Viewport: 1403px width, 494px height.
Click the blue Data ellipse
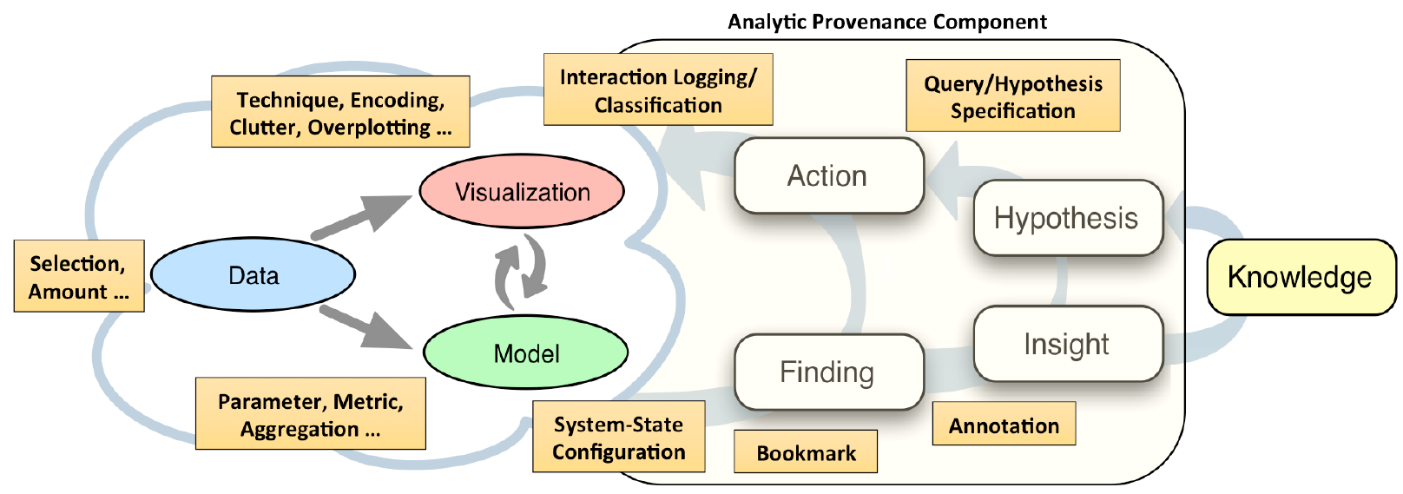pyautogui.click(x=253, y=274)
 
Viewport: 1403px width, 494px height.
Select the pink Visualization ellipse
pyautogui.click(x=522, y=191)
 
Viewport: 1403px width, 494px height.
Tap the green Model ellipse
pyautogui.click(x=525, y=352)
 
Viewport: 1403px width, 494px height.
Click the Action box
pyautogui.click(x=828, y=176)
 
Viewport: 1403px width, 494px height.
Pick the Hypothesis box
pyautogui.click(x=1068, y=218)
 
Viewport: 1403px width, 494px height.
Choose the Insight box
pyautogui.click(x=1068, y=344)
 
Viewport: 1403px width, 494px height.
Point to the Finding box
pyautogui.click(x=828, y=372)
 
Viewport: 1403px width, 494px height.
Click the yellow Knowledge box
pyautogui.click(x=1301, y=277)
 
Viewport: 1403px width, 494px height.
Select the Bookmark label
pyautogui.click(x=806, y=451)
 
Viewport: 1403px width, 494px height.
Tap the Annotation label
pyautogui.click(x=1004, y=424)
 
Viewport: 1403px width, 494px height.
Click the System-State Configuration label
pyautogui.click(x=619, y=437)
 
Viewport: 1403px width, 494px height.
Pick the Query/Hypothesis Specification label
pyautogui.click(x=1013, y=96)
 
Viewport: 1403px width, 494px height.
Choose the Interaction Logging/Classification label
pyautogui.click(x=658, y=89)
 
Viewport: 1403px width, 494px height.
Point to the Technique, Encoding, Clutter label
pyautogui.click(x=340, y=112)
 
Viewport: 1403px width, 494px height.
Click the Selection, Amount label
pyautogui.click(x=79, y=276)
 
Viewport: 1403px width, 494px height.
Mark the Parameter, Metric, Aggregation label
pyautogui.click(x=311, y=413)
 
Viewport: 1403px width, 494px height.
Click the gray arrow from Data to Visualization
pyautogui.click(x=361, y=217)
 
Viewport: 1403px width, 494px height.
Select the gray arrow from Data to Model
pyautogui.click(x=366, y=326)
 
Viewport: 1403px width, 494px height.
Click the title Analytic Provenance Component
pyautogui.click(x=887, y=22)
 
